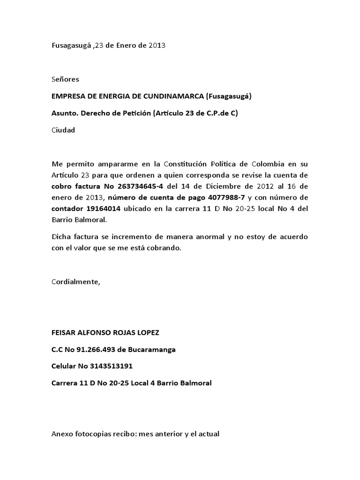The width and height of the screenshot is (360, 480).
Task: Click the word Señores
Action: pyautogui.click(x=65, y=79)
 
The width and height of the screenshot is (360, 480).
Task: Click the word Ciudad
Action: pyautogui.click(x=63, y=130)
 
